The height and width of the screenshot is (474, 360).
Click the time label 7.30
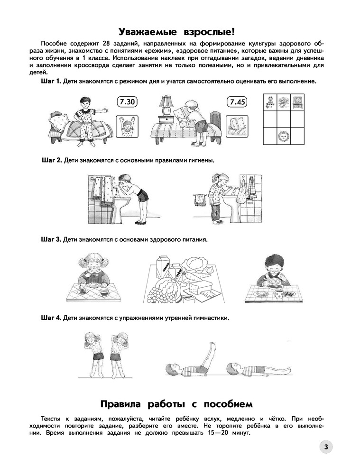[x=127, y=101]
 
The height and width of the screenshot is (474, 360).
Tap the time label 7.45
[x=237, y=101]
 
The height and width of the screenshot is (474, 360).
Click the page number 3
[x=326, y=447]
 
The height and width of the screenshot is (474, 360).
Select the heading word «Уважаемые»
[x=147, y=32]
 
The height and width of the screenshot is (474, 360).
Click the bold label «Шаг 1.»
[x=51, y=82]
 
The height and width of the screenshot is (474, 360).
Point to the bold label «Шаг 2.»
[x=52, y=160]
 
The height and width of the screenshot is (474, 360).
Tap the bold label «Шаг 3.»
[x=51, y=240]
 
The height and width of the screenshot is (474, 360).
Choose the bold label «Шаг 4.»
[x=51, y=318]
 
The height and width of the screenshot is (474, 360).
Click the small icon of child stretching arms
[x=128, y=127]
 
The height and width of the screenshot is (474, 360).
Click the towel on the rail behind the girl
[x=200, y=200]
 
